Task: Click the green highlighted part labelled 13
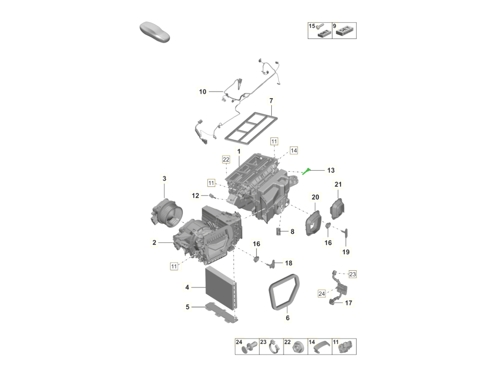[x=306, y=171]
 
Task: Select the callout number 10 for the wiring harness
[x=203, y=92]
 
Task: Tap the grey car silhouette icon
[x=155, y=32]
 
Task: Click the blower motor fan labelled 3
[x=166, y=212]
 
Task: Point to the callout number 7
[x=271, y=101]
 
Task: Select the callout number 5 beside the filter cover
[x=188, y=307]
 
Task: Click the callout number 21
[x=338, y=185]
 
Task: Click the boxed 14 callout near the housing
[x=294, y=150]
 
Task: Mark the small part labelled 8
[x=278, y=231]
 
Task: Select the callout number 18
[x=288, y=263]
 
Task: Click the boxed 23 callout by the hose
[x=352, y=274]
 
